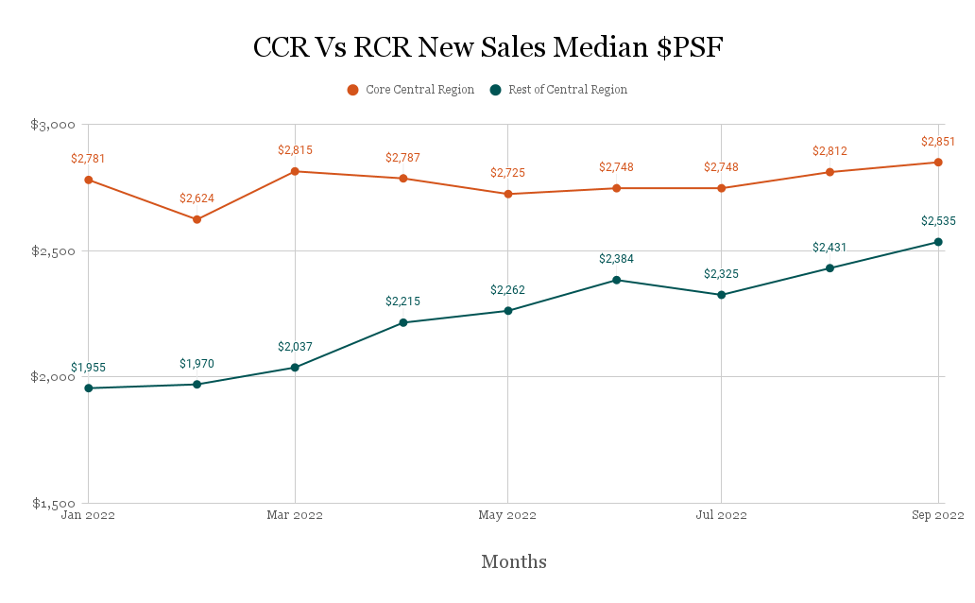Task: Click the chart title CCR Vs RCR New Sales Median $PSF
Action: point(487,47)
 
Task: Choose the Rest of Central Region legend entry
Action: point(557,90)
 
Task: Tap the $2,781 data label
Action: point(88,159)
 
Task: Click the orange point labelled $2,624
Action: point(197,219)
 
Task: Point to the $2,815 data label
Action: point(295,150)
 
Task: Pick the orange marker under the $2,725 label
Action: point(508,194)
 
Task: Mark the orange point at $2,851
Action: point(938,162)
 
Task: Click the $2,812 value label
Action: point(830,151)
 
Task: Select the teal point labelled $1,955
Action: point(88,388)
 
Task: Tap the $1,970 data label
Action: point(197,364)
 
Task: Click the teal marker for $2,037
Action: point(295,367)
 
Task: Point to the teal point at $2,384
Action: point(616,280)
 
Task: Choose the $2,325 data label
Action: point(721,274)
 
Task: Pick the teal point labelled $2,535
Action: point(938,241)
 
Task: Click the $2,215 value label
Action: point(402,302)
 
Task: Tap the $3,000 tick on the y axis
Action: point(53,125)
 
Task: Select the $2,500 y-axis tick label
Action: point(53,250)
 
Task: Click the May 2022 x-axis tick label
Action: point(508,516)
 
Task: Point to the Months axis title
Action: point(515,561)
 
